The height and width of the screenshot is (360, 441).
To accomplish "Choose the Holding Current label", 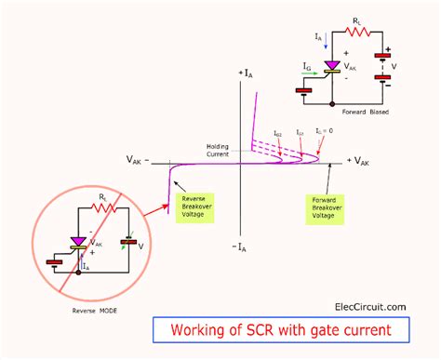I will point(218,150).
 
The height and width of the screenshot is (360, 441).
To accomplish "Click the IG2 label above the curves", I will point(278,134).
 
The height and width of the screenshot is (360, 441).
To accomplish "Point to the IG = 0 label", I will point(323,131).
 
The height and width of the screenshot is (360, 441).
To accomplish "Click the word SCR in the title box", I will point(270,332).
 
